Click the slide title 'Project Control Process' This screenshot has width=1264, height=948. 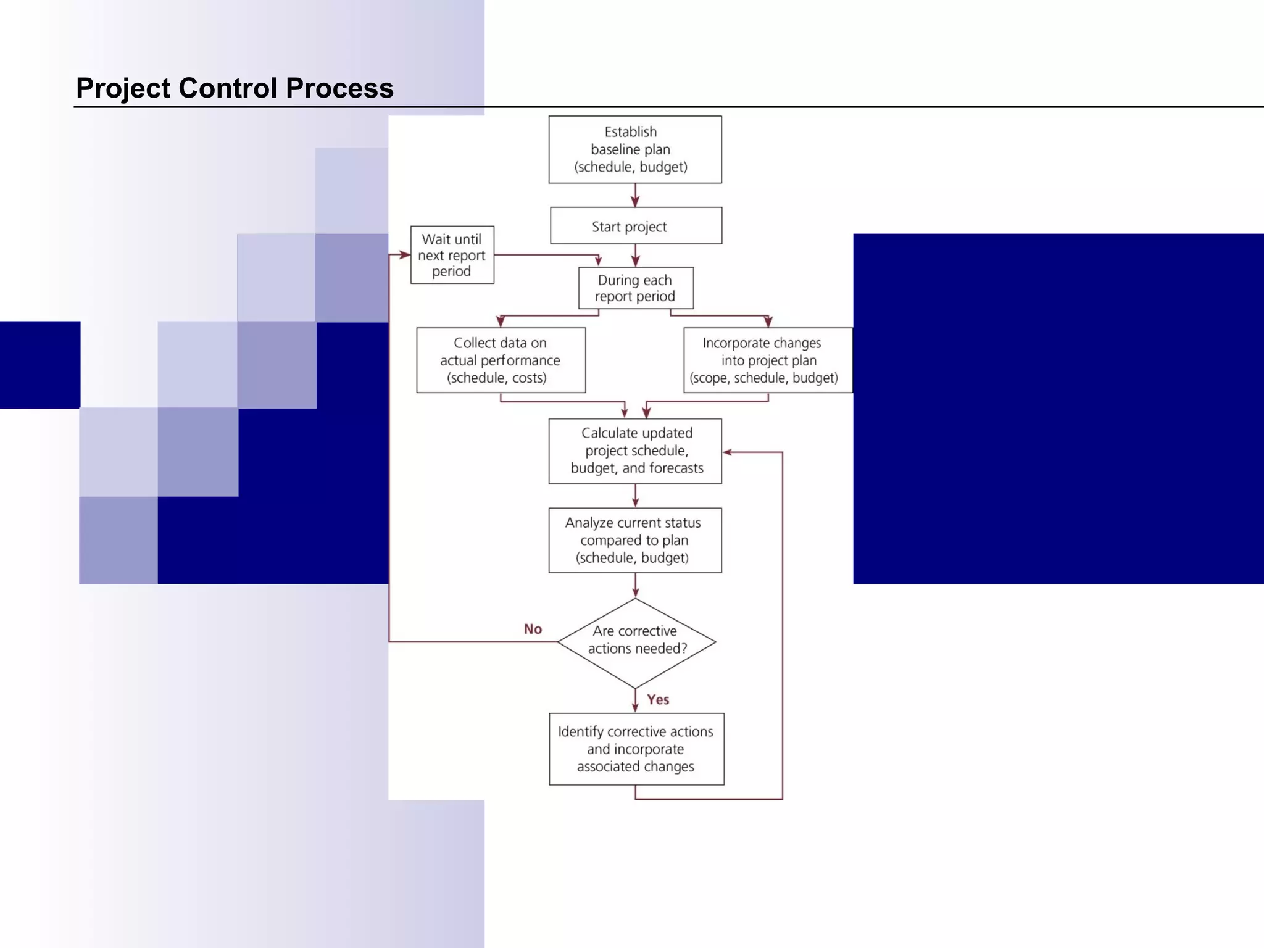[x=235, y=88]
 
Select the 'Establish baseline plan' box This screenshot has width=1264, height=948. [x=634, y=149]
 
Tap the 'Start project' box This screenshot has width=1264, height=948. [x=635, y=226]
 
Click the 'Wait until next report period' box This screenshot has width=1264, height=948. [x=452, y=255]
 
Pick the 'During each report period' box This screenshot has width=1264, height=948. [x=635, y=288]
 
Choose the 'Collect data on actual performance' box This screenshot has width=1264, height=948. [x=501, y=360]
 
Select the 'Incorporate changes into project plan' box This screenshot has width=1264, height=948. [x=767, y=360]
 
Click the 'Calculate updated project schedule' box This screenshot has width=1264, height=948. [x=635, y=451]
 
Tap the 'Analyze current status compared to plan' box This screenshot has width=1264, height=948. [x=635, y=540]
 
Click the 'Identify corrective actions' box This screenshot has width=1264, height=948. [x=636, y=749]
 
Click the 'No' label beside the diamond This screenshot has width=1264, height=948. [x=533, y=629]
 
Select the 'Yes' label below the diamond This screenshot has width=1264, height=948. [x=658, y=699]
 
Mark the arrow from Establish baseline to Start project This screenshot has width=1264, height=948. [x=635, y=196]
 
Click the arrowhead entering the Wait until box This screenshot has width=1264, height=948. [x=404, y=255]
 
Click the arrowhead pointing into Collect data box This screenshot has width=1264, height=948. [x=501, y=322]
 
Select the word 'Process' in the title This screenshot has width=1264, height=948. [x=339, y=88]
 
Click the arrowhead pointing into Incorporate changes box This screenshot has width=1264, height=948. [x=768, y=322]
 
